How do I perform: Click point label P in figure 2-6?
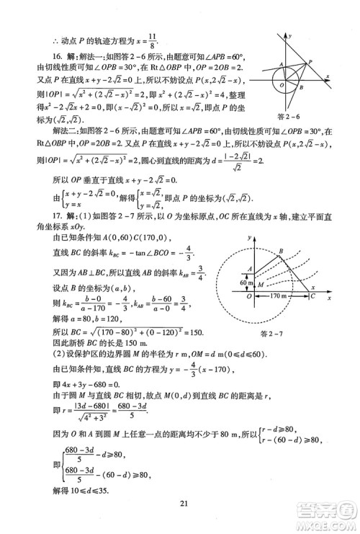(309, 62)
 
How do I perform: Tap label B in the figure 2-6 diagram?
(300, 87)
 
